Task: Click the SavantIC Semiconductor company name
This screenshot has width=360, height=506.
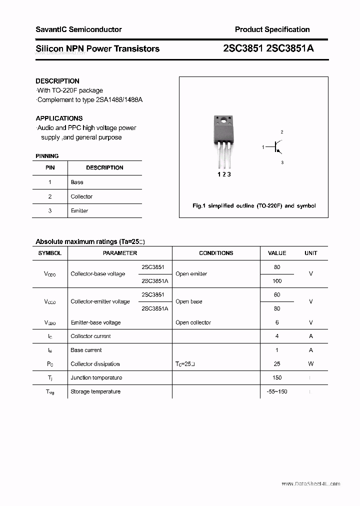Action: pos(78,29)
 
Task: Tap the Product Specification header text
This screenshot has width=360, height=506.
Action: pos(272,29)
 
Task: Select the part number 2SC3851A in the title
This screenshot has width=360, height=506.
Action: pos(292,48)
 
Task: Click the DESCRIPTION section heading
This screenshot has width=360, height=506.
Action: pos(57,81)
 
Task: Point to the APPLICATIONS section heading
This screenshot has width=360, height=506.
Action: pos(59,118)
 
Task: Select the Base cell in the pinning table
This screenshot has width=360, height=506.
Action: pos(77,182)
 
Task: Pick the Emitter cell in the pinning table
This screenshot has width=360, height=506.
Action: pos(79,211)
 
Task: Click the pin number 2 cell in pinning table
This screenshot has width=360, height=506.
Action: pos(50,196)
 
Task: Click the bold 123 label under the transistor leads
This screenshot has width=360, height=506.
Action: pos(224,174)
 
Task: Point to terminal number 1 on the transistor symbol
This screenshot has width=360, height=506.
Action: pos(263,147)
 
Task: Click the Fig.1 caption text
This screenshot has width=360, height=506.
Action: pos(254,206)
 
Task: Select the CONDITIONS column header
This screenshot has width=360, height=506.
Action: pos(216,253)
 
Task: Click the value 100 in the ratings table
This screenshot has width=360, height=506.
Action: pos(277,281)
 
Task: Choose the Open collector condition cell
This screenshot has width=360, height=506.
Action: pos(193,322)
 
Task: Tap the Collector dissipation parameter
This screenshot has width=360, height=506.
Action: pos(95,364)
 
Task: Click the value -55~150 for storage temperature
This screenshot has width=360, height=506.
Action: pos(277,391)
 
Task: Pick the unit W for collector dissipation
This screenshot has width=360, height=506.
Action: pos(311,364)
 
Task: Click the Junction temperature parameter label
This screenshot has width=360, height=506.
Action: pos(96,377)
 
